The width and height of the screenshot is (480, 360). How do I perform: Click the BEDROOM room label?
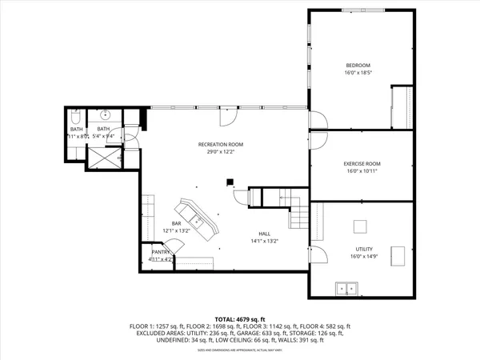click(x=358, y=64)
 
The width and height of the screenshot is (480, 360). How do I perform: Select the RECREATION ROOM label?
click(x=221, y=144)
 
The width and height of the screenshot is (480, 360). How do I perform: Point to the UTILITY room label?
click(x=364, y=249)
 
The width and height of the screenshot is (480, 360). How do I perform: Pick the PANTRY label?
click(x=162, y=252)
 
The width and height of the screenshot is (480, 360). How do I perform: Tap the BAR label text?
click(x=176, y=223)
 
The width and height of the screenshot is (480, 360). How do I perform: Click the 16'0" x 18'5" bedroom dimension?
click(x=358, y=73)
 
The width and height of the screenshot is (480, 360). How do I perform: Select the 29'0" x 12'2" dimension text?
click(x=221, y=152)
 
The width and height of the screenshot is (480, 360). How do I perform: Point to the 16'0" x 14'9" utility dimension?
click(x=364, y=257)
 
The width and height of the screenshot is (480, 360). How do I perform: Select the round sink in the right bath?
click(x=105, y=114)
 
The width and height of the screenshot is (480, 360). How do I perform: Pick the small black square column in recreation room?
click(x=230, y=182)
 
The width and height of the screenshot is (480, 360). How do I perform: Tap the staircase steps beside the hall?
click(x=298, y=214)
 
